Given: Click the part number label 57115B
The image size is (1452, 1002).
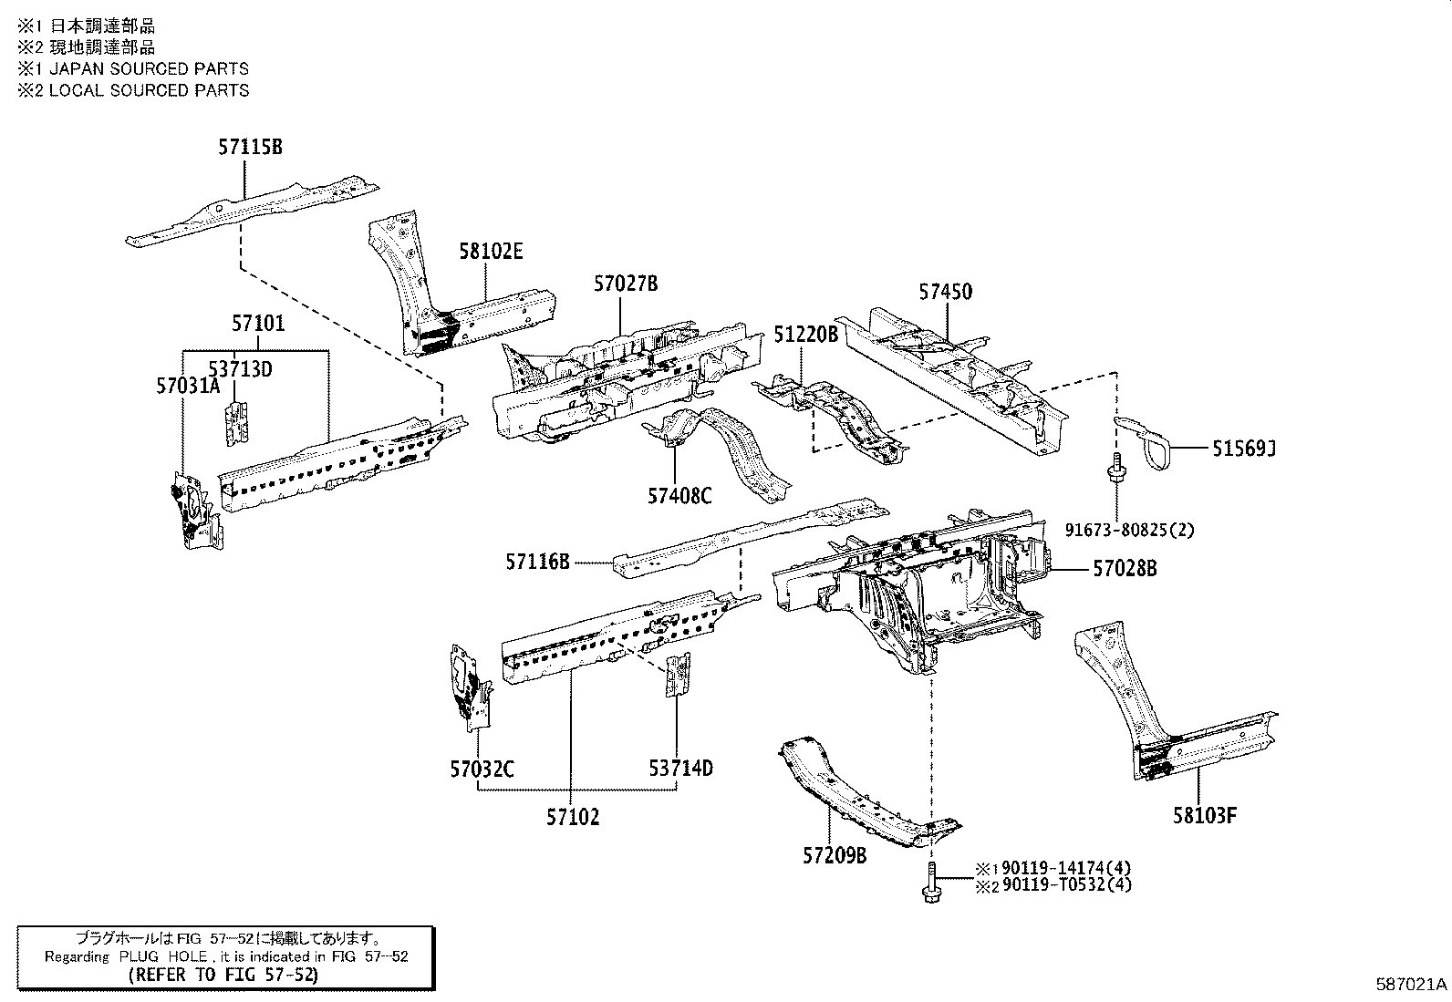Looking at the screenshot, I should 249,146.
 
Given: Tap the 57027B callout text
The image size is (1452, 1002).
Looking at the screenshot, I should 625,284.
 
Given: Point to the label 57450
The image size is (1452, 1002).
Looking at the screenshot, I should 945,292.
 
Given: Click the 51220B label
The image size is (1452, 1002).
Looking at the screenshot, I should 805,335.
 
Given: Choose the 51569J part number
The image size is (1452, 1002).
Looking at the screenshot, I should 1243,448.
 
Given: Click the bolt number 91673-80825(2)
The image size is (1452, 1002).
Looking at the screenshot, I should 1128,529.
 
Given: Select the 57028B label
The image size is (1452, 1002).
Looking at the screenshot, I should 1125,568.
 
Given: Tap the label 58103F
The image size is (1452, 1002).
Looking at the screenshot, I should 1205,815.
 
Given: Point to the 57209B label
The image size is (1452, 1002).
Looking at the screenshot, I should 835,856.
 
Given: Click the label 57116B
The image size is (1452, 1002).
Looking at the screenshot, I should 537,563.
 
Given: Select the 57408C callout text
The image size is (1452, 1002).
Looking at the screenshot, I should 679,495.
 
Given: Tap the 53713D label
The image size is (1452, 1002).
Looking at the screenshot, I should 240,369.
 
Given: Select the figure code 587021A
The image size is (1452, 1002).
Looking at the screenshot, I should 1411,985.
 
